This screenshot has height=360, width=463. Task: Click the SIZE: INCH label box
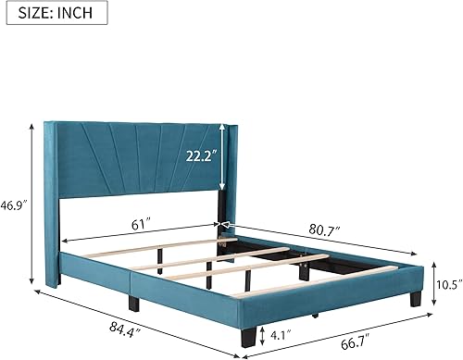55,15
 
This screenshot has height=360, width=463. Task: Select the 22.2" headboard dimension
202,157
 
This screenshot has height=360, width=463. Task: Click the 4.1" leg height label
283,333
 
